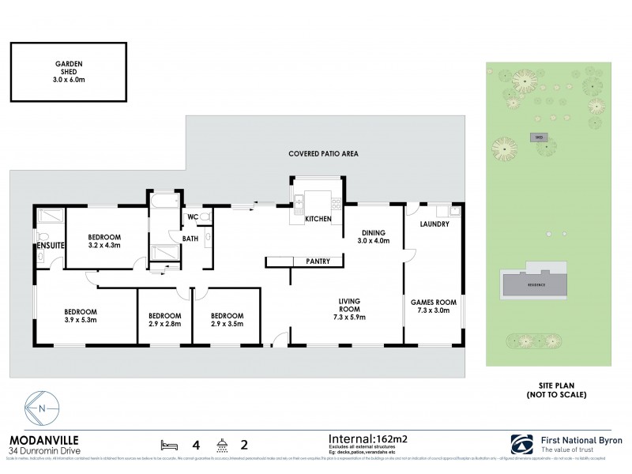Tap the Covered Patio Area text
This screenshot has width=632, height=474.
pyautogui.click(x=323, y=154)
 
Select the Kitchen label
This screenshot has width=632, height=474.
pyautogui.click(x=318, y=219)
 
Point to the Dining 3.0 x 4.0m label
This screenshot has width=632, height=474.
pyautogui.click(x=373, y=238)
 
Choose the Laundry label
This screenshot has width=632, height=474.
pyautogui.click(x=434, y=224)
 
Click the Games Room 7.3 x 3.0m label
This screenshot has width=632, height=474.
pyautogui.click(x=434, y=307)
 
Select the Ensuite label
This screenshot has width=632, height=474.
pyautogui.click(x=49, y=246)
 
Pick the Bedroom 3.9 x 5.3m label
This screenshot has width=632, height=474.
pyautogui.click(x=81, y=316)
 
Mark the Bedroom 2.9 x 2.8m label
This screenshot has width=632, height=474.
pyautogui.click(x=164, y=320)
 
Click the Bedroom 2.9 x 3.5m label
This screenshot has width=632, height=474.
pyautogui.click(x=227, y=320)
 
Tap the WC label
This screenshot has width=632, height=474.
pyautogui.click(x=192, y=217)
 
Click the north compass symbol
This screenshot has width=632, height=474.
pyautogui.click(x=43, y=409)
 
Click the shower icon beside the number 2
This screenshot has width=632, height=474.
pyautogui.click(x=225, y=443)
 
